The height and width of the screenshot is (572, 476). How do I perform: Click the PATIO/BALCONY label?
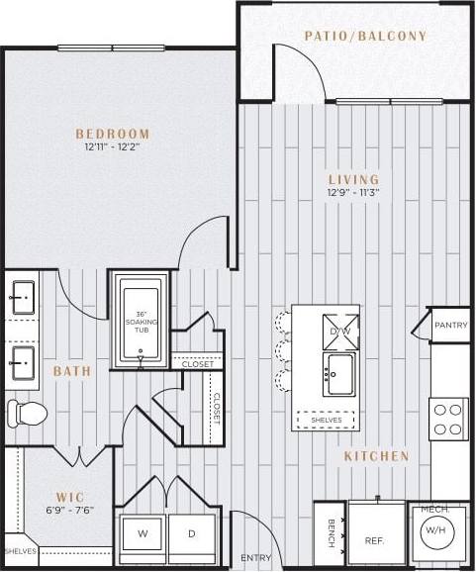coord(364,37)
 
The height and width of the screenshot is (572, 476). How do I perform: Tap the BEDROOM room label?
coord(113,134)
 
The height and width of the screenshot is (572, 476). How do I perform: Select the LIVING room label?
coord(354,179)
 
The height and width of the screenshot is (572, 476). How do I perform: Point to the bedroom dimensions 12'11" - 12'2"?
coord(113,148)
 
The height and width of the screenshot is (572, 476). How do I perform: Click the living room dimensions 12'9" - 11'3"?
coord(354,194)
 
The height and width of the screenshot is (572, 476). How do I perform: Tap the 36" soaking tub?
coord(141,321)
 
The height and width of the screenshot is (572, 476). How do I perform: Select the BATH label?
coord(72,371)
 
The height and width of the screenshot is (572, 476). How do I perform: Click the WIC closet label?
coord(69,498)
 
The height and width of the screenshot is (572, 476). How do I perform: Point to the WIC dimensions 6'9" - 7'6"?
coord(69,512)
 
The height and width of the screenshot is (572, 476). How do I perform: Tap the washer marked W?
coord(143,534)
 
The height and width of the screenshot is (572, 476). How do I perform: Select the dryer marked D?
coord(192,534)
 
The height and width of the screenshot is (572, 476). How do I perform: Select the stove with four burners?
coord(449,418)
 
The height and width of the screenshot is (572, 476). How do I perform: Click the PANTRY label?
coord(451,325)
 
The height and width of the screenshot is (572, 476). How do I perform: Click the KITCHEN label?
coord(376,456)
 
